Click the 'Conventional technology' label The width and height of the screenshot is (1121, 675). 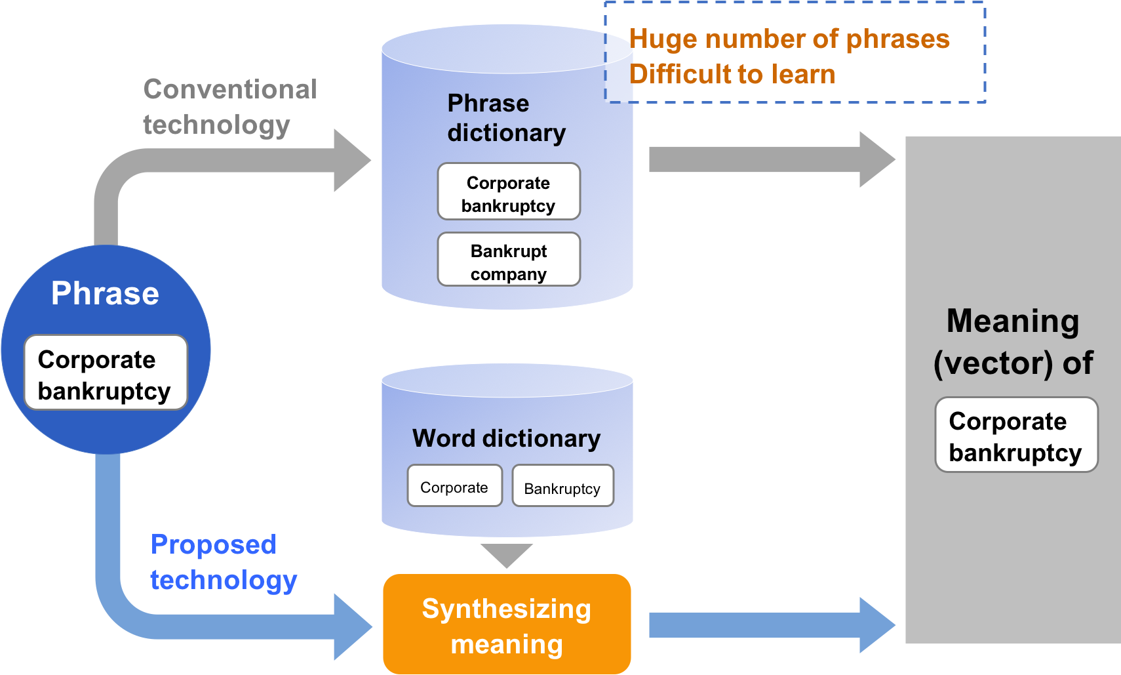(x=229, y=106)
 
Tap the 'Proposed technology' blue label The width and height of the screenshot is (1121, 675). (x=223, y=562)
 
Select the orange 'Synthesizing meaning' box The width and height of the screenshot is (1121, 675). (x=507, y=624)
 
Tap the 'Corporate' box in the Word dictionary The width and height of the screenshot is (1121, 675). (x=454, y=486)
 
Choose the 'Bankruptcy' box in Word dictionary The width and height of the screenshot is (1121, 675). (x=562, y=487)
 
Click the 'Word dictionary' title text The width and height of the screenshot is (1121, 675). (x=506, y=438)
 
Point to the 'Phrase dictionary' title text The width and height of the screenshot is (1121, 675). (x=505, y=118)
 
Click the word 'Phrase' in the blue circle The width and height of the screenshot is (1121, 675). (x=105, y=293)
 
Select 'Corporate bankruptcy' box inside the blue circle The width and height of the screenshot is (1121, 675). (x=105, y=373)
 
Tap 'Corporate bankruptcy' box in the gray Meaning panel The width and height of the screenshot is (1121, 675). (x=1015, y=435)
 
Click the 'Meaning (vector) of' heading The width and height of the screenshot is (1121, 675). (x=1013, y=342)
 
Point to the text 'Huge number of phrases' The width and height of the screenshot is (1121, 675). (x=789, y=39)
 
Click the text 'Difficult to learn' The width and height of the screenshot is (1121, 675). (x=732, y=74)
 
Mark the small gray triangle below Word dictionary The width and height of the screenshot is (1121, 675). (x=507, y=553)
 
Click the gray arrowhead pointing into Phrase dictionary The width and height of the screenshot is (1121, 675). (x=351, y=160)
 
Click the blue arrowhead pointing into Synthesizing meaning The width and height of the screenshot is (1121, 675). (x=351, y=626)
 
